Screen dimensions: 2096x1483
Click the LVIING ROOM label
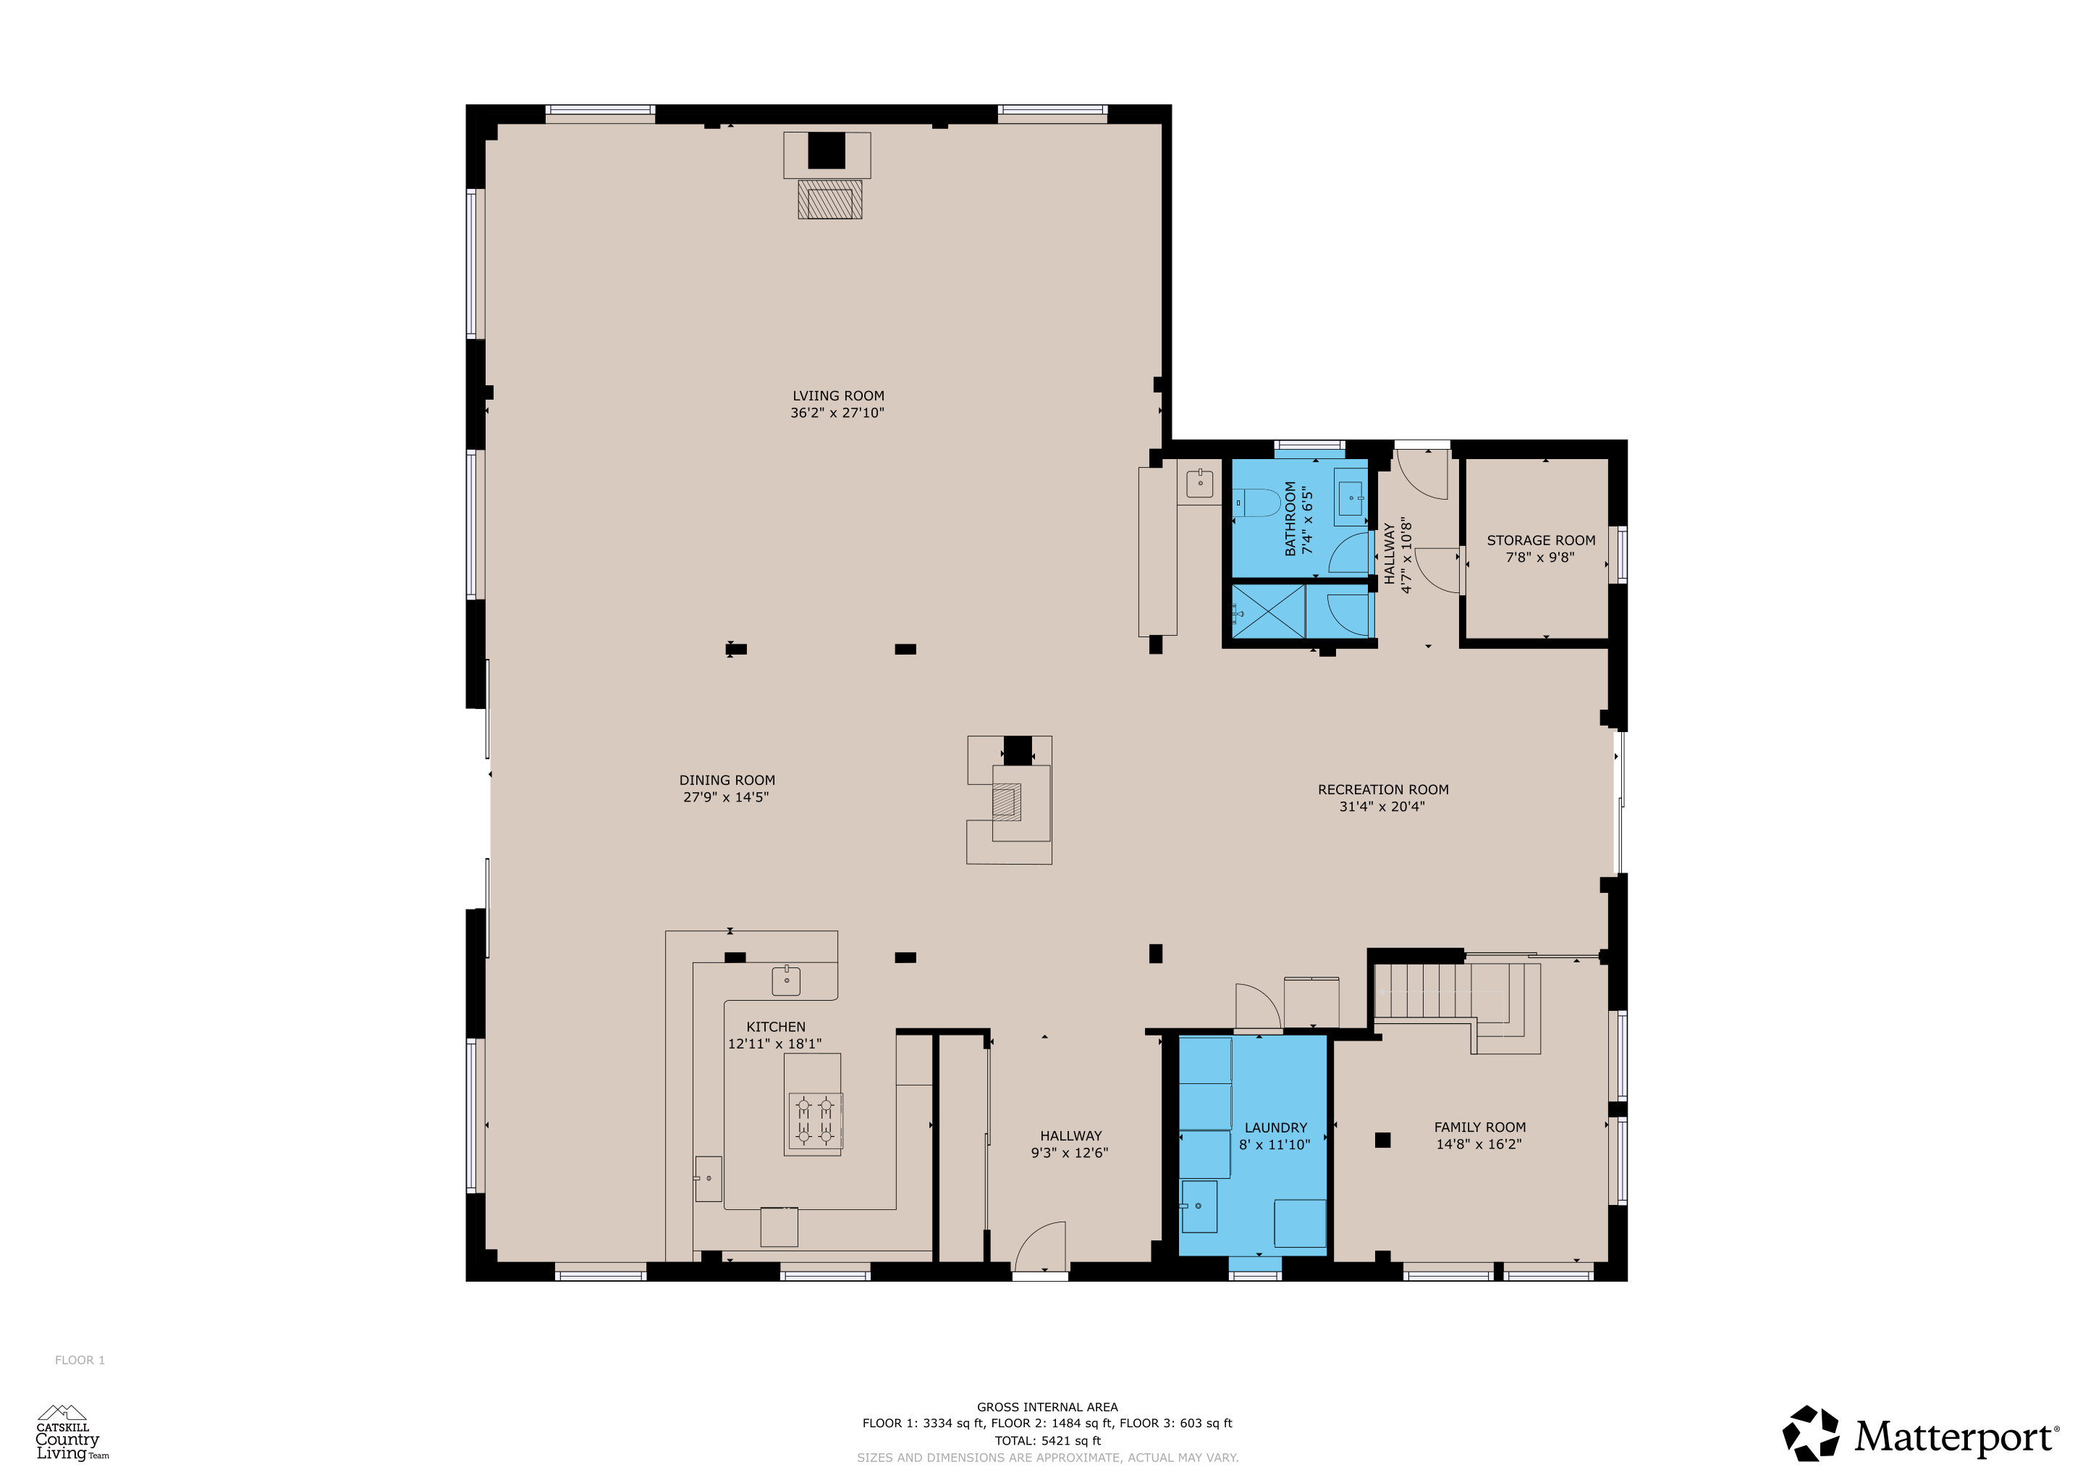(x=838, y=396)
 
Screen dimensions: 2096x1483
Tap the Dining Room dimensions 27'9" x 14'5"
(x=726, y=797)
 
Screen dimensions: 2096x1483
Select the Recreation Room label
(x=1383, y=790)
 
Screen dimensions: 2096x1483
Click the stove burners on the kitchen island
(x=815, y=1122)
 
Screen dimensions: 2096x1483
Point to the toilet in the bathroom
(x=1257, y=503)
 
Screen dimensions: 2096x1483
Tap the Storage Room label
(x=1541, y=541)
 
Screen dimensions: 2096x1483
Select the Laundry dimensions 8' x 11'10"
(x=1275, y=1145)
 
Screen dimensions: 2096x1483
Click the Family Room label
(x=1480, y=1127)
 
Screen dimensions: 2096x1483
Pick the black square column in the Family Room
(x=1383, y=1140)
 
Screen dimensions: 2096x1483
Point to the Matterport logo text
(x=1956, y=1437)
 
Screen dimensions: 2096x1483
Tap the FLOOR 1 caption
(x=80, y=1361)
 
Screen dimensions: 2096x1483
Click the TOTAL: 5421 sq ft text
(x=1047, y=1440)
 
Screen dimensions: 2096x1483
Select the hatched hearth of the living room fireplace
(x=830, y=200)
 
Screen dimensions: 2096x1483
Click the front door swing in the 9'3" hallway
(x=1041, y=1245)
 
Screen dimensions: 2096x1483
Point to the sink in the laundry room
(x=1199, y=1206)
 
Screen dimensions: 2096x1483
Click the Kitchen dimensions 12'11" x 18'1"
(x=774, y=1043)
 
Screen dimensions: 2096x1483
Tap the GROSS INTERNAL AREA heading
(x=1047, y=1407)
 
